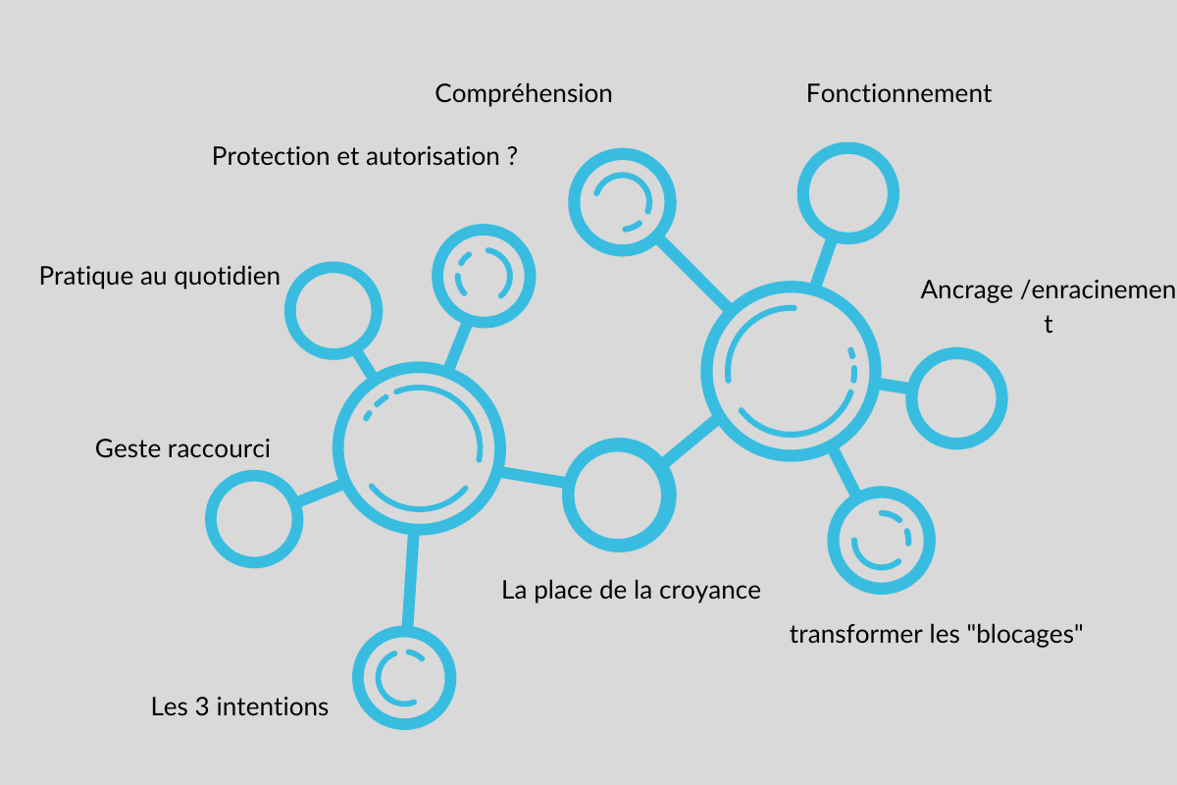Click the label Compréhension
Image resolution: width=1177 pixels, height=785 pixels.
click(524, 94)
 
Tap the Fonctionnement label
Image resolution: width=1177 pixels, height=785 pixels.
click(898, 93)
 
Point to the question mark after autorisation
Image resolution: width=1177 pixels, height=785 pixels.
click(512, 156)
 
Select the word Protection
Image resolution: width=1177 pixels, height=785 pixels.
click(271, 156)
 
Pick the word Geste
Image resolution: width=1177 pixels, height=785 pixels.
click(128, 448)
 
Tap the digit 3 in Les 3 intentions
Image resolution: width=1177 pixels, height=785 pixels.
click(202, 706)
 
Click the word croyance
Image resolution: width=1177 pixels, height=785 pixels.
click(710, 591)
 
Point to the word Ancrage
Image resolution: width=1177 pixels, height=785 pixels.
click(966, 290)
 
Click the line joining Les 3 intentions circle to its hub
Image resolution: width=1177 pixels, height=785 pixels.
click(410, 580)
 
